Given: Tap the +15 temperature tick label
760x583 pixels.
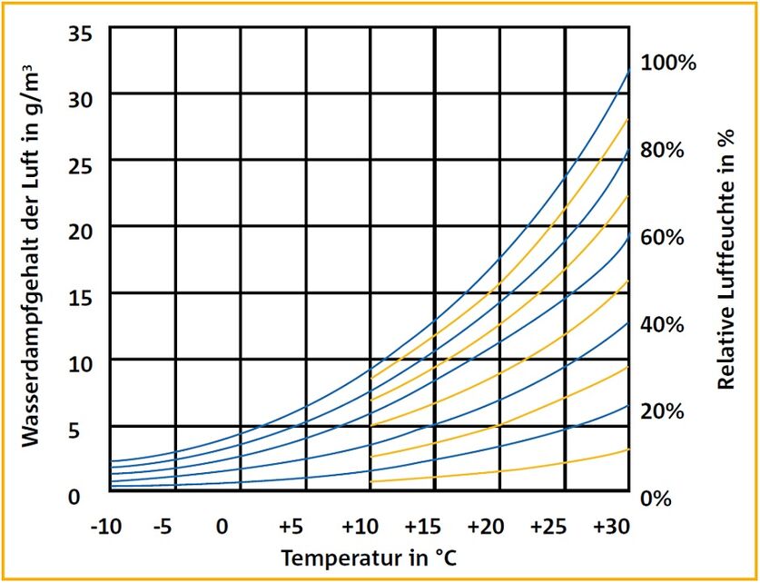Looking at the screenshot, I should click(423, 527).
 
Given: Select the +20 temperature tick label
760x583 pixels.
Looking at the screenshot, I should click(487, 527).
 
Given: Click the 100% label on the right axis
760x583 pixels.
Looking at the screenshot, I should click(669, 64).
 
